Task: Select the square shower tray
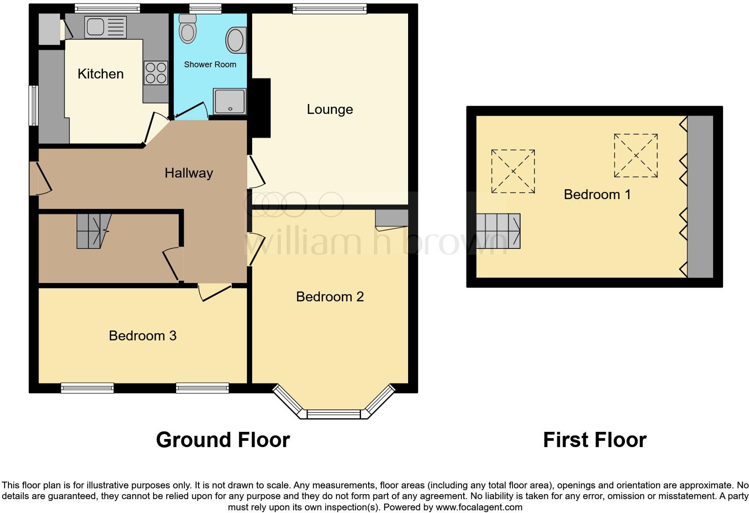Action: [229, 101]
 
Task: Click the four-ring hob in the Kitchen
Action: [155, 73]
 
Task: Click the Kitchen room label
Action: [100, 74]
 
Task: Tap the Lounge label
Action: [330, 109]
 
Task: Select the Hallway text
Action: [189, 173]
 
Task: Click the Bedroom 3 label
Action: [142, 335]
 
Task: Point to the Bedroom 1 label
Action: [597, 194]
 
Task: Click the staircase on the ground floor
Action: [94, 230]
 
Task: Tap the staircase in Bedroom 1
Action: [498, 231]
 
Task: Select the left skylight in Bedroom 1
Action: [513, 171]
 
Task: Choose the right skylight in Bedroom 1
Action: [635, 156]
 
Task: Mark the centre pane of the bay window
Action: [333, 414]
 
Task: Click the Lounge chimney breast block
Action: [261, 108]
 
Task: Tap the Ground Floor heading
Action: [223, 440]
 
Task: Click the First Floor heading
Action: [594, 440]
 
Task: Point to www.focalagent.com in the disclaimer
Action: [478, 508]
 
